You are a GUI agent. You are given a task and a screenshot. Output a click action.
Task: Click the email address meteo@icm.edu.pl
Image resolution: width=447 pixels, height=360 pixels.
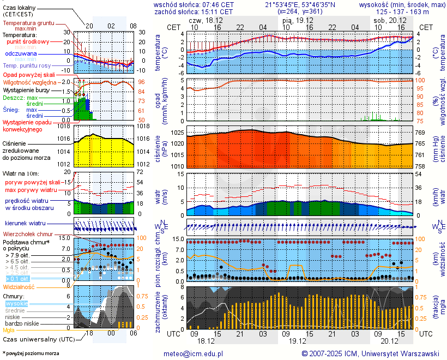tap(194, 353)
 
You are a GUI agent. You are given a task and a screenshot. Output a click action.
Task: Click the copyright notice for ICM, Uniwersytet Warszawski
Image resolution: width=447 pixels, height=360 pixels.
tap(370, 353)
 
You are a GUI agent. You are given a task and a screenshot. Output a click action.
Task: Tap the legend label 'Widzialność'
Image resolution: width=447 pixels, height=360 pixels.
tap(19, 286)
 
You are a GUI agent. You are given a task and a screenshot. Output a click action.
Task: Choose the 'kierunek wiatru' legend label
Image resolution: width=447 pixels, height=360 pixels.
tap(25, 224)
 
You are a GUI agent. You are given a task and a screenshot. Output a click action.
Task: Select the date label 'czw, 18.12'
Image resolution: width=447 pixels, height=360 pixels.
tap(205, 20)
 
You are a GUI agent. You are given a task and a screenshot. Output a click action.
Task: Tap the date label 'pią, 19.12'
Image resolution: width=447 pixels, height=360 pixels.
tap(297, 20)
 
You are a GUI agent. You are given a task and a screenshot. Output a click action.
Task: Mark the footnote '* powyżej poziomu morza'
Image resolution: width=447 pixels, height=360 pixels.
tap(31, 353)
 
